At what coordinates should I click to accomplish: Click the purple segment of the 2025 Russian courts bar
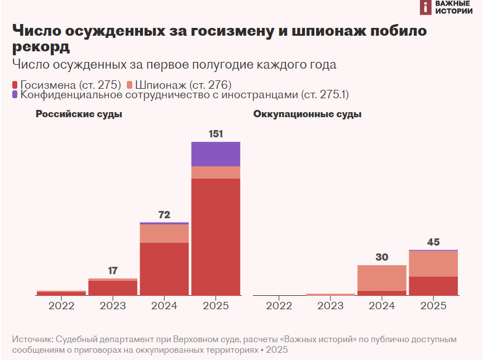pyautogui.click(x=216, y=154)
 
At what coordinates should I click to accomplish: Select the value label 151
pyautogui.click(x=216, y=134)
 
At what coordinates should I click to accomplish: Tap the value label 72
pyautogui.click(x=164, y=215)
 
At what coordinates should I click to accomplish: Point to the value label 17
pyautogui.click(x=113, y=271)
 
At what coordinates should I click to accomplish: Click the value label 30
pyautogui.click(x=382, y=257)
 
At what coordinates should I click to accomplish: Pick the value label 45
pyautogui.click(x=433, y=242)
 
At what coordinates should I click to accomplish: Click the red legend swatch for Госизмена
pyautogui.click(x=15, y=85)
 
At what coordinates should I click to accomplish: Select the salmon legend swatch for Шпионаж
pyautogui.click(x=130, y=85)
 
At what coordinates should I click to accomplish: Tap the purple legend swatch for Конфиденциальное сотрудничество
pyautogui.click(x=15, y=95)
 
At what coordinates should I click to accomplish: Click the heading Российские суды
pyautogui.click(x=79, y=114)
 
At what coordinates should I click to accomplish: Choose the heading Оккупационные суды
pyautogui.click(x=307, y=114)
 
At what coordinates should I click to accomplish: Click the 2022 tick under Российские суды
pyautogui.click(x=61, y=306)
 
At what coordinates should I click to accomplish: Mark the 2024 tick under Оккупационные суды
pyautogui.click(x=382, y=306)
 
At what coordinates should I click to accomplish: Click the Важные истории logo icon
pyautogui.click(x=426, y=7)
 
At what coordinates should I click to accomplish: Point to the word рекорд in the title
pyautogui.click(x=41, y=46)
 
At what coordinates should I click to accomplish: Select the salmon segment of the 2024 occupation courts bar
pyautogui.click(x=382, y=277)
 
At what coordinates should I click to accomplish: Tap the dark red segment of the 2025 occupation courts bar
pyautogui.click(x=433, y=285)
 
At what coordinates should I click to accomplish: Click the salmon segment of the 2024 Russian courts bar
pyautogui.click(x=164, y=233)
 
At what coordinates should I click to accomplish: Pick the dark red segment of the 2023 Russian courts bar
pyautogui.click(x=113, y=287)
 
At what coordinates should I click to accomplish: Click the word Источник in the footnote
pyautogui.click(x=32, y=339)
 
